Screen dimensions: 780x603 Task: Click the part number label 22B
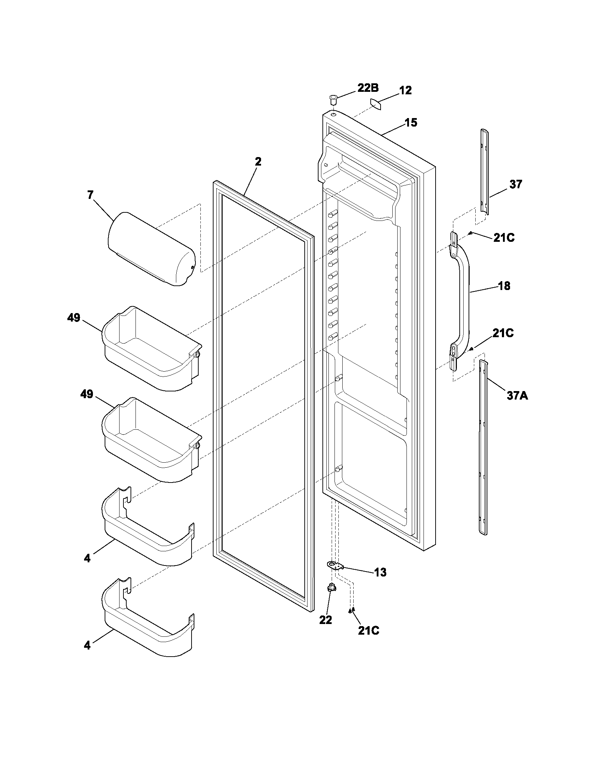[368, 88]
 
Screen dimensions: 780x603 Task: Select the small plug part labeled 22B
[333, 98]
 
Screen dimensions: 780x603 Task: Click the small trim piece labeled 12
[375, 104]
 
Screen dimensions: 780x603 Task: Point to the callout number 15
[410, 123]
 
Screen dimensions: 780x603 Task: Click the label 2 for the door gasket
[258, 161]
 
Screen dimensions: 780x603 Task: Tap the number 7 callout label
[90, 195]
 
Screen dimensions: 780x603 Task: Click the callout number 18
[504, 286]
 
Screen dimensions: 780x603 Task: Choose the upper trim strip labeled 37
[485, 172]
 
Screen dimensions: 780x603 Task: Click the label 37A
[517, 396]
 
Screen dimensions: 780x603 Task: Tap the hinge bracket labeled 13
[335, 565]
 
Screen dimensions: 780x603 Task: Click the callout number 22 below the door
[325, 620]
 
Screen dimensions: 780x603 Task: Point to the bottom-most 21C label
[368, 631]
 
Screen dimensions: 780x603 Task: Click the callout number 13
[381, 572]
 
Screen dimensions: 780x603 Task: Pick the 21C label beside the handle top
[504, 238]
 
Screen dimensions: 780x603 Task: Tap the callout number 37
[515, 184]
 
